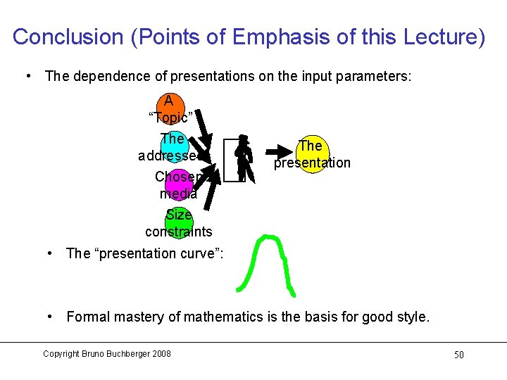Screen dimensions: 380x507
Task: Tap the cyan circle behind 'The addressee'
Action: [x=173, y=146]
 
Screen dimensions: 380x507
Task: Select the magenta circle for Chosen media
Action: [x=178, y=185]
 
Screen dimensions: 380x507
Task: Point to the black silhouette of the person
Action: [x=243, y=158]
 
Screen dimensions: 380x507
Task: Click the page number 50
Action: [x=458, y=355]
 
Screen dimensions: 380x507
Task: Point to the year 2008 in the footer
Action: [x=159, y=354]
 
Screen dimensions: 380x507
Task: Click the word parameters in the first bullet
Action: [x=377, y=76]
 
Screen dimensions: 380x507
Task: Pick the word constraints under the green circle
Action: [x=178, y=232]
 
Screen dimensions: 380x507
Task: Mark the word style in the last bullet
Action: [x=411, y=317]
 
